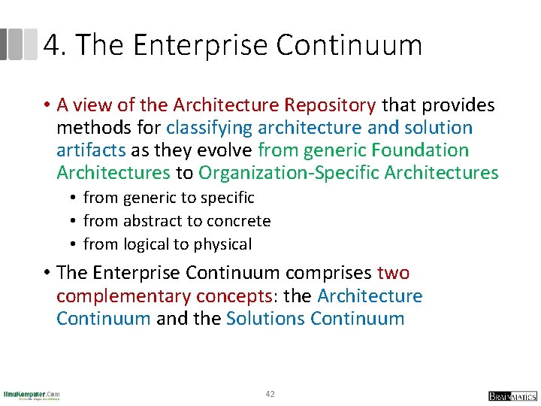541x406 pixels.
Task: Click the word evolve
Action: click(225, 150)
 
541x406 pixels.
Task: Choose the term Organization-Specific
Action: click(289, 173)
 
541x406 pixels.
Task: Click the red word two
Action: click(393, 273)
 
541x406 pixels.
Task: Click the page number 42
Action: click(270, 393)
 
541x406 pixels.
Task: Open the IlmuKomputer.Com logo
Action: click(32, 395)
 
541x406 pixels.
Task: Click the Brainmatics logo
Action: click(512, 395)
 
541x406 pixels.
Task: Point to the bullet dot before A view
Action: click(46, 106)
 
